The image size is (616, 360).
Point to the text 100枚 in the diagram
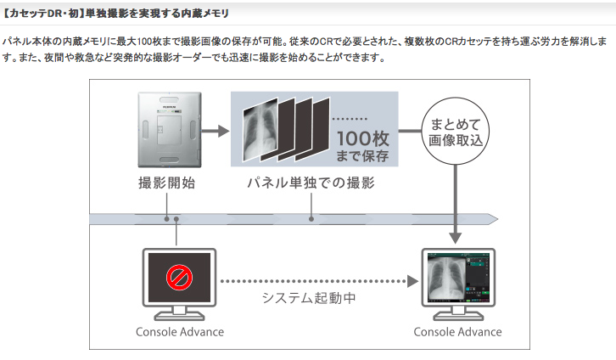(363, 136)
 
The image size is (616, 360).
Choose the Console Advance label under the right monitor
(458, 332)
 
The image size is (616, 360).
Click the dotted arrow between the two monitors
(318, 278)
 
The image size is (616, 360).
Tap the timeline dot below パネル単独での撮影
(311, 218)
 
